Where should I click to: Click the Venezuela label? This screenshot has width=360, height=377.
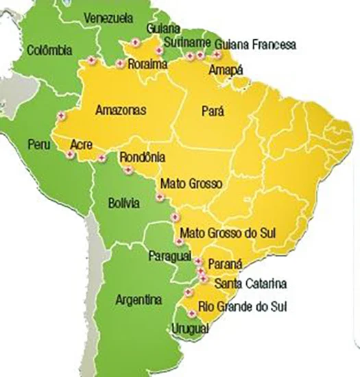pyautogui.click(x=108, y=17)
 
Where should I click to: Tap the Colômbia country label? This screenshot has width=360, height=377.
pyautogui.click(x=49, y=50)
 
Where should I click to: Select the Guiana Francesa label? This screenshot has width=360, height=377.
pyautogui.click(x=255, y=45)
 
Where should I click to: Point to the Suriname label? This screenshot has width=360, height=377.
pyautogui.click(x=184, y=42)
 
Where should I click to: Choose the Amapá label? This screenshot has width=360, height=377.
pyautogui.click(x=228, y=69)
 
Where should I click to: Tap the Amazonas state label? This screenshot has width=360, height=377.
pyautogui.click(x=120, y=110)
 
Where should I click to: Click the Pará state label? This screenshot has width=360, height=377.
pyautogui.click(x=215, y=110)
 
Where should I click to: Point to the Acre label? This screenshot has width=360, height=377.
pyautogui.click(x=82, y=145)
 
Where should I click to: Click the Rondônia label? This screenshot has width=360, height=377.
pyautogui.click(x=142, y=158)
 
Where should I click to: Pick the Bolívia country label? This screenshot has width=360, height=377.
pyautogui.click(x=123, y=203)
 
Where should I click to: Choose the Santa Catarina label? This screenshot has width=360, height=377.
pyautogui.click(x=250, y=283)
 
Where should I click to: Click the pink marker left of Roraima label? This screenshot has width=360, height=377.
pyautogui.click(x=121, y=64)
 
